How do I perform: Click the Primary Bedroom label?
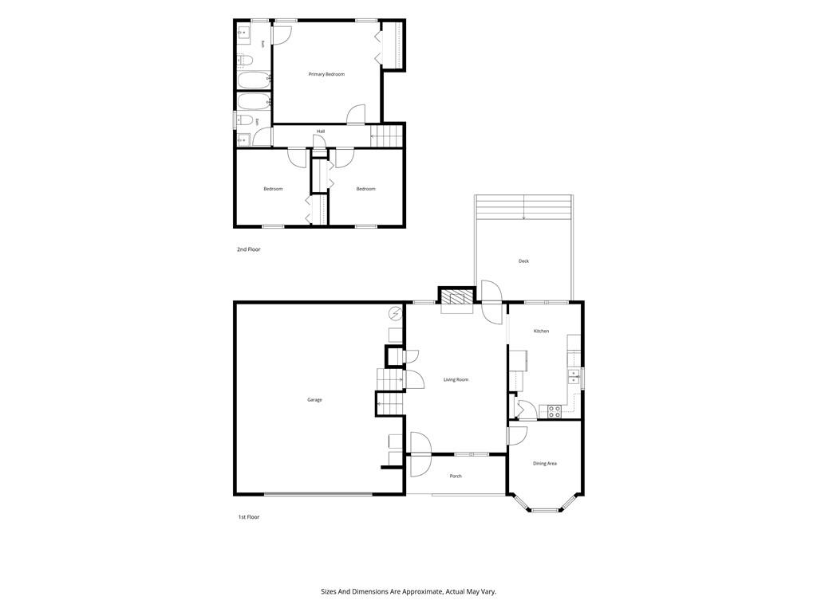326,74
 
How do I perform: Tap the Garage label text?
314,400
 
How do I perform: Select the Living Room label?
456,380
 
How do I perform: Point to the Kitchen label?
542,331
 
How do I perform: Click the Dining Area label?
544,464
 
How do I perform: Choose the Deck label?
523,261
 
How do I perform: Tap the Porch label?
456,477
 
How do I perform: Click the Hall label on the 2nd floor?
321,131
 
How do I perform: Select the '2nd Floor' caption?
249,249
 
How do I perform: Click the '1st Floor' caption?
249,517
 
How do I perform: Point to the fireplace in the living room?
456,296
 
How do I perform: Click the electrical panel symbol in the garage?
396,314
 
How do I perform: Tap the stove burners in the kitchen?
554,412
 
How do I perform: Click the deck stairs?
523,207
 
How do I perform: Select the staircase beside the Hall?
388,135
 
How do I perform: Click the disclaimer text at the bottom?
408,592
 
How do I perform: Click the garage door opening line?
318,494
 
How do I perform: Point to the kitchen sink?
573,376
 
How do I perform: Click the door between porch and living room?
420,454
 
